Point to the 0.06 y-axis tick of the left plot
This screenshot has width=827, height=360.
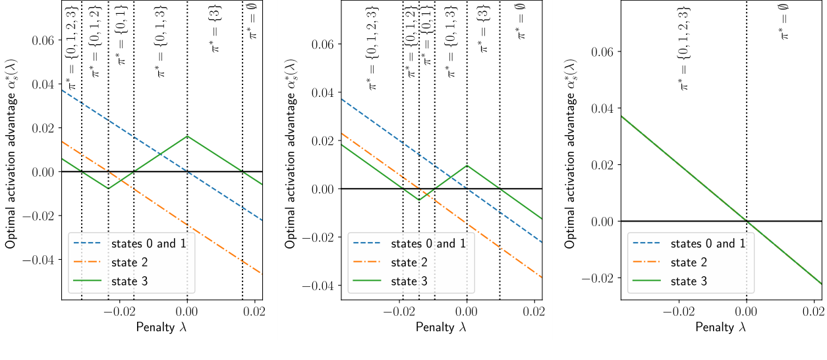point(43,40)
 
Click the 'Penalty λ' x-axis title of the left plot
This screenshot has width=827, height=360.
point(162,326)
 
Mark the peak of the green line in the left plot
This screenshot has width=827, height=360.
point(187,136)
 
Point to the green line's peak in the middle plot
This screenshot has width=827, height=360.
point(467,165)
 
